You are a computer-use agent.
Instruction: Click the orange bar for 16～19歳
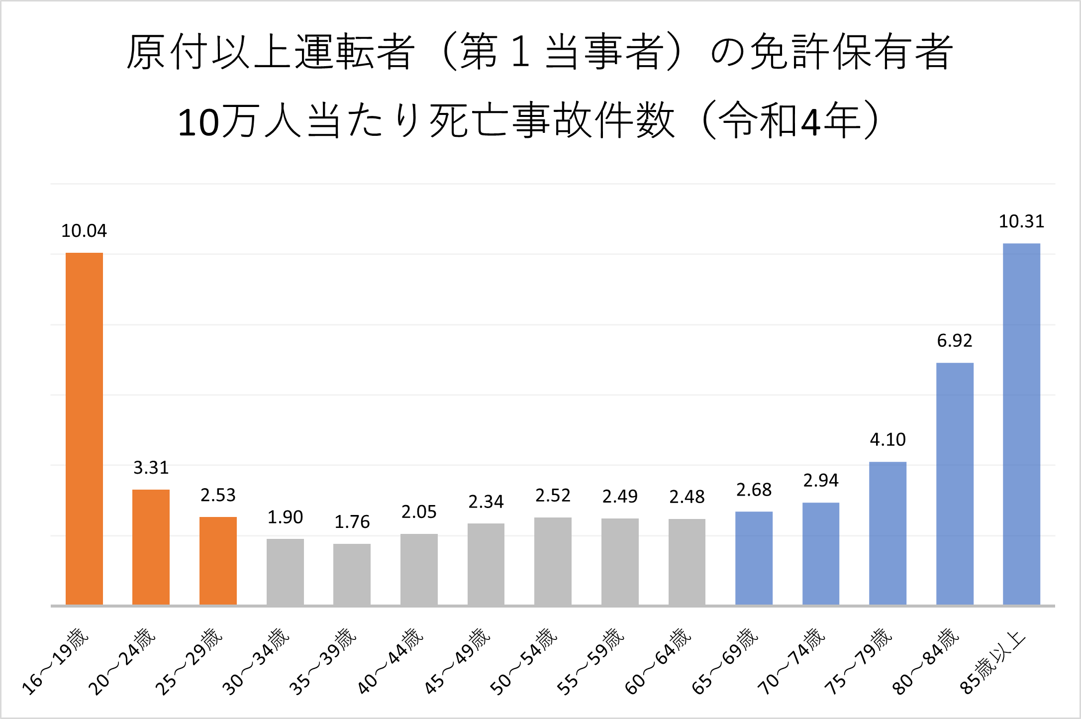[x=84, y=428]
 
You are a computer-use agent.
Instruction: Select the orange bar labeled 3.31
[x=151, y=547]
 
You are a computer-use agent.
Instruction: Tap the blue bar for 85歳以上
[x=1021, y=424]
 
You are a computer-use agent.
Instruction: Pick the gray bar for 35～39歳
[x=352, y=574]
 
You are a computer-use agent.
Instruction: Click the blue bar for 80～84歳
[x=955, y=484]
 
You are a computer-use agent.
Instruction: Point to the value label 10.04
[x=84, y=231]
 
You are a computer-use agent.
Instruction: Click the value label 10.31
[x=1021, y=221]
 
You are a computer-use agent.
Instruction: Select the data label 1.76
[x=352, y=522]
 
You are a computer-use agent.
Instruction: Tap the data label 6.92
[x=955, y=341]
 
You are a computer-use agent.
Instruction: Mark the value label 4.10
[x=887, y=440]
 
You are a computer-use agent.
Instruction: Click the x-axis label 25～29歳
[x=189, y=661]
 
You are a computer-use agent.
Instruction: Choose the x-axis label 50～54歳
[x=524, y=661]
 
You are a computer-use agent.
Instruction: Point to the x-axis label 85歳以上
[x=993, y=662]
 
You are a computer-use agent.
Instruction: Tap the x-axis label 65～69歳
[x=725, y=661]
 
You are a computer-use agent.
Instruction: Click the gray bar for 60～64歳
[x=687, y=562]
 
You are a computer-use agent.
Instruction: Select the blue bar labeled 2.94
[x=821, y=554]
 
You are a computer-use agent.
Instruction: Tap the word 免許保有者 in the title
[x=851, y=52]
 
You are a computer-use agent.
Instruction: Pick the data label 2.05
[x=419, y=512]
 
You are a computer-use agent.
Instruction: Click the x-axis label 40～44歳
[x=390, y=661]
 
